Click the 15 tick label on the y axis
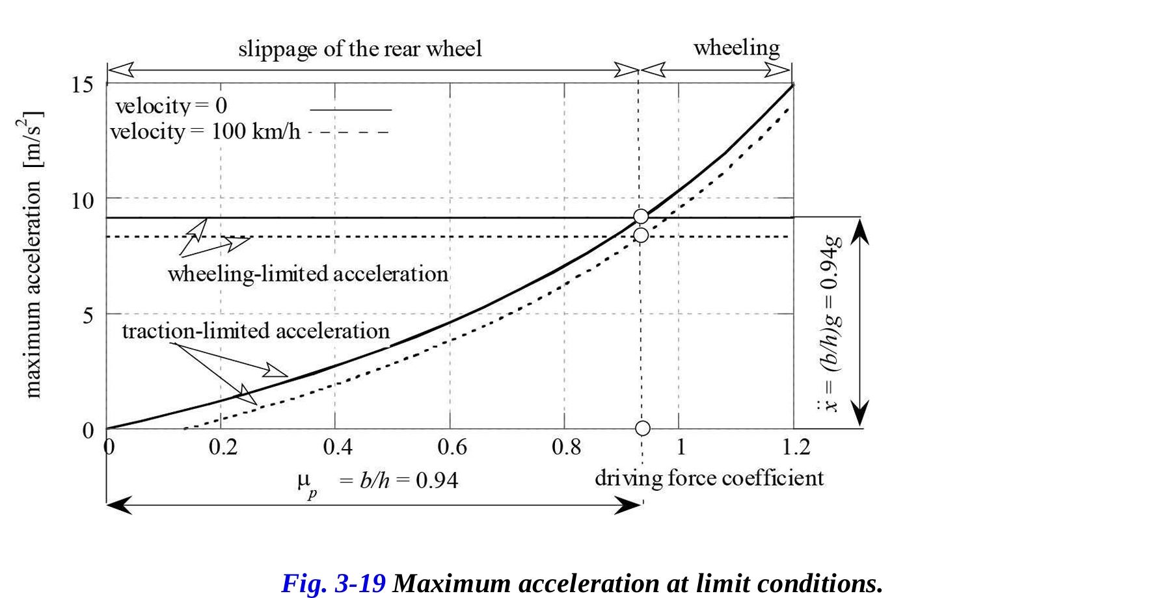pos(82,84)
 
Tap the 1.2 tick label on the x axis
pos(796,447)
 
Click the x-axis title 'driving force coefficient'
pos(709,478)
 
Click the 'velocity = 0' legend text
pos(171,106)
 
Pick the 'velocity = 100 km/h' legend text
pos(205,132)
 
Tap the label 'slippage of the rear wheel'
pos(360,49)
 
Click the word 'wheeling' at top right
pos(736,47)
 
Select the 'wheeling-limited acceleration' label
pos(308,274)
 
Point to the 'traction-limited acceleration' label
pos(256,331)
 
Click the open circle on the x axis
pos(642,428)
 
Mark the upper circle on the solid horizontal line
pos(641,216)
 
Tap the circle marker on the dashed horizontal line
pos(641,235)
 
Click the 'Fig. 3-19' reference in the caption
pos(333,583)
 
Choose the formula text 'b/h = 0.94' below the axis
pos(409,481)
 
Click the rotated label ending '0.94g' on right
pos(831,323)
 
